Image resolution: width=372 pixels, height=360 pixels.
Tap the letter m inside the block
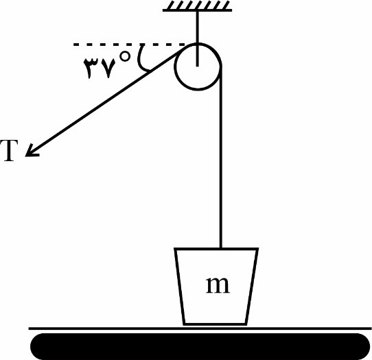[x=218, y=285]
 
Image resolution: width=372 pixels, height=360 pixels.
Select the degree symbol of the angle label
[x=126, y=56]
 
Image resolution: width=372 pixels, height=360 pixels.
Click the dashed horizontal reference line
[x=129, y=45]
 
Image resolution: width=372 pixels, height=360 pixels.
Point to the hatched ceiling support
[x=198, y=5]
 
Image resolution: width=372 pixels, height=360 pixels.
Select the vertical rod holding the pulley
[x=197, y=38]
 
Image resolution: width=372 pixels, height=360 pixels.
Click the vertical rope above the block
[x=221, y=158]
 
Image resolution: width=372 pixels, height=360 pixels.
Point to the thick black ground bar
[x=200, y=346]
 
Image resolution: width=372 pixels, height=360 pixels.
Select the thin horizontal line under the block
[x=200, y=328]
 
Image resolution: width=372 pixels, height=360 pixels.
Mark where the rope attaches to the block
[x=221, y=248]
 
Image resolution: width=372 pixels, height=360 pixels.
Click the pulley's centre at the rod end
[x=197, y=66]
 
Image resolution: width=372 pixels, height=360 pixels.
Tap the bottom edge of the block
[x=216, y=324]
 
